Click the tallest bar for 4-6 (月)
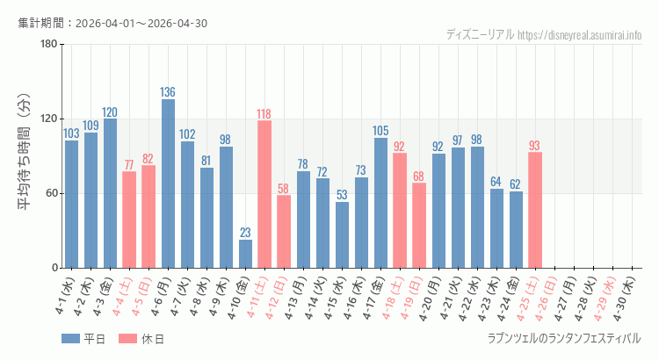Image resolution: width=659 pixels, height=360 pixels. coord(168,184)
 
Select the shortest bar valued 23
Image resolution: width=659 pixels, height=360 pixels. coord(245,254)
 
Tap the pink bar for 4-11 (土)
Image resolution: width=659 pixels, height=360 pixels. coord(264,194)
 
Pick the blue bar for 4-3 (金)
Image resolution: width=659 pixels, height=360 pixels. coord(110,193)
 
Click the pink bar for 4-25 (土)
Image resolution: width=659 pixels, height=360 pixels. coord(535,210)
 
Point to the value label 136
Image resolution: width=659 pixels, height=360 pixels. coord(168,92)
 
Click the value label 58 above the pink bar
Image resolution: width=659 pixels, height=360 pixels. coord(284,189)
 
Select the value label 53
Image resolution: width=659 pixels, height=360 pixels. coord(342,195)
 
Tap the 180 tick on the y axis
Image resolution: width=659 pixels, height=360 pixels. coord(48,45)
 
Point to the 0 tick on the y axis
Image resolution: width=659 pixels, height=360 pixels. coord(54,268)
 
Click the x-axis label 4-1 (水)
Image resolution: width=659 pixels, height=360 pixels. coord(64,299)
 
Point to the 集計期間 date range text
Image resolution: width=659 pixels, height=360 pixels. coord(112,23)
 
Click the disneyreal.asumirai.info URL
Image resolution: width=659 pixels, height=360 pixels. coord(580,35)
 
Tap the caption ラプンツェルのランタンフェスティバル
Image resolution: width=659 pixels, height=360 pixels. coord(564,338)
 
